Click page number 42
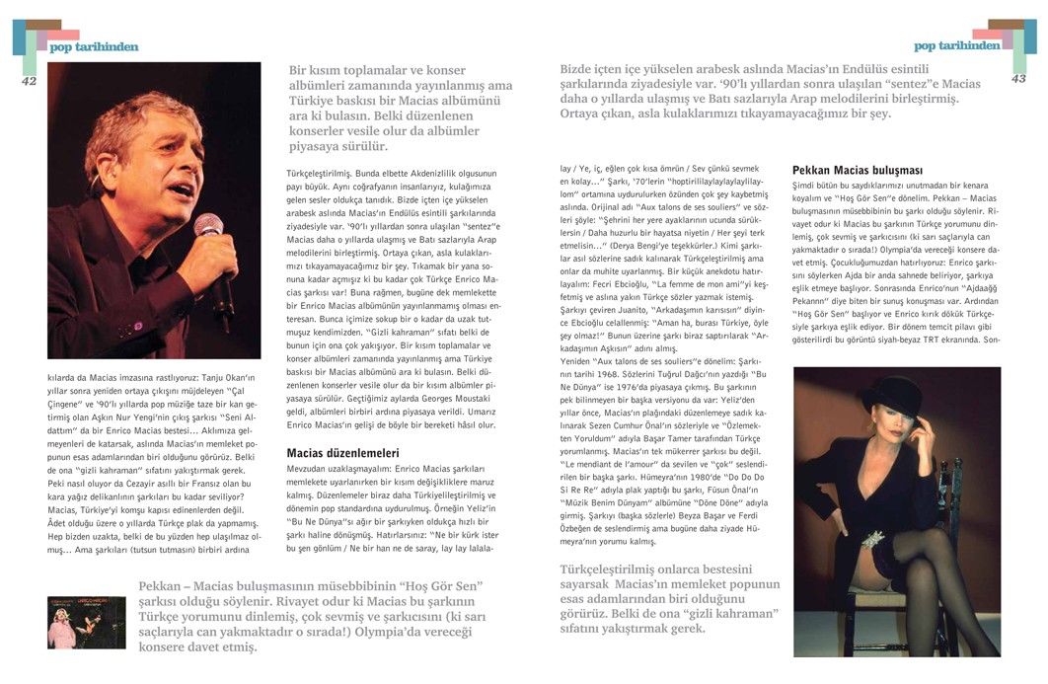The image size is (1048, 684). tap(28, 81)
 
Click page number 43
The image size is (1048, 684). tap(1018, 78)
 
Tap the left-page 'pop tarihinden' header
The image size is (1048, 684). tap(94, 46)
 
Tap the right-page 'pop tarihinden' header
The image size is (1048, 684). tap(956, 45)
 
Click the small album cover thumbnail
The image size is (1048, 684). tap(87, 622)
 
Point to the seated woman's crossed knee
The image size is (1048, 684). tap(913, 563)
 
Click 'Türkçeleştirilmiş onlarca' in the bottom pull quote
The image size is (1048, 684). tap(646, 570)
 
